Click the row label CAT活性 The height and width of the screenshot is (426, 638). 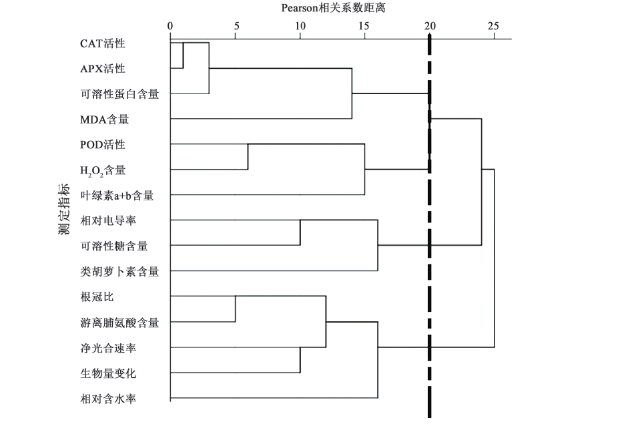coord(102,44)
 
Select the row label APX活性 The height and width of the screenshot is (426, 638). coord(102,69)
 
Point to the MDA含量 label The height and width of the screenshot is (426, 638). coord(104,120)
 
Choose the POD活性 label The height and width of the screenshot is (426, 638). coord(103,145)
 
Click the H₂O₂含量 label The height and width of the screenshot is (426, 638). coord(103,170)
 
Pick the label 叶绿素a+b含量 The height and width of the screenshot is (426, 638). coord(117,196)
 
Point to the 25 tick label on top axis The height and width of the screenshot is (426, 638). coord(493,26)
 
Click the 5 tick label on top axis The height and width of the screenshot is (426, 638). coord(236,26)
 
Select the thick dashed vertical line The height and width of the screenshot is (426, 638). coord(430,267)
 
